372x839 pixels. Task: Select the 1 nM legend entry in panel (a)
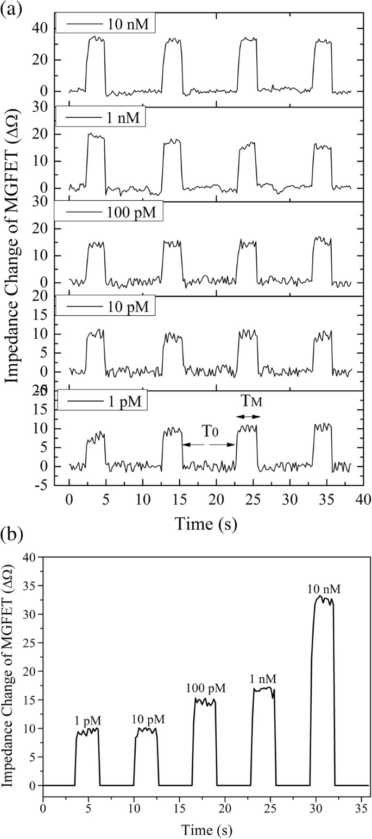[x=100, y=118]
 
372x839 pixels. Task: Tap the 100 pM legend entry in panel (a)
[x=108, y=212]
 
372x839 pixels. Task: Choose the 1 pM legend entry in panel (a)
[x=101, y=402]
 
